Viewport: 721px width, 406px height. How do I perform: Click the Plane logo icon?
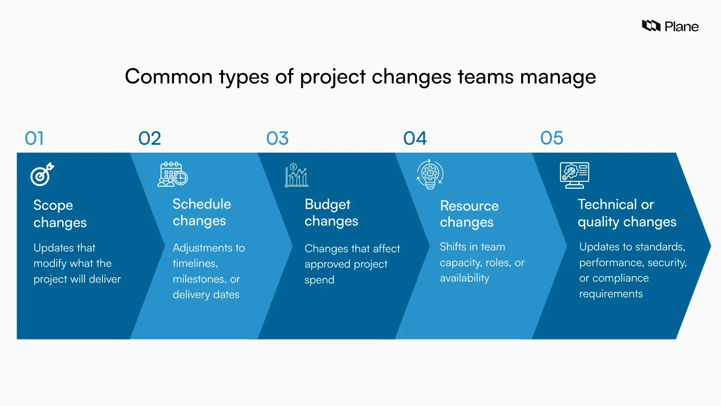(x=651, y=26)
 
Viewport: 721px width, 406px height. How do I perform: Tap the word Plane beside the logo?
(x=681, y=27)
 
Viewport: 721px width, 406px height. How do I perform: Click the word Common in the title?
(x=169, y=76)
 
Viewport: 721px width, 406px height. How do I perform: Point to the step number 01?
(x=34, y=138)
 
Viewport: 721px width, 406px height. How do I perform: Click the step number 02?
(x=149, y=138)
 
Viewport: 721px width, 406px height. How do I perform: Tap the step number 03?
(x=277, y=138)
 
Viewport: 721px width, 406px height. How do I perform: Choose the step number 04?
(x=415, y=138)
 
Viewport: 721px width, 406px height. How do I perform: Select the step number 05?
(x=552, y=138)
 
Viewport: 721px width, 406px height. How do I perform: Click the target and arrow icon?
(x=42, y=174)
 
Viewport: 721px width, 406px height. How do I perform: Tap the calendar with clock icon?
(x=172, y=174)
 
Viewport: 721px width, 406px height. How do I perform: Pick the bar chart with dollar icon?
(x=296, y=175)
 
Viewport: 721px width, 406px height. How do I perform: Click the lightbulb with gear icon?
(x=430, y=174)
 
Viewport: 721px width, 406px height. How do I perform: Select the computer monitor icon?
(x=574, y=175)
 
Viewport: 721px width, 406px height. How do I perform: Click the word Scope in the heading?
(x=53, y=205)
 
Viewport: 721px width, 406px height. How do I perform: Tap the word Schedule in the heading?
(x=202, y=204)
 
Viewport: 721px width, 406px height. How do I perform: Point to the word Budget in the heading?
(x=327, y=205)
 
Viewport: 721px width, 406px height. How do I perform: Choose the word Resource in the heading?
(x=469, y=206)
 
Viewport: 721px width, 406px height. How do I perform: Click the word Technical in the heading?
(x=607, y=205)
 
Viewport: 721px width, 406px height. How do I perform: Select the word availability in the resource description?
(x=464, y=278)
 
